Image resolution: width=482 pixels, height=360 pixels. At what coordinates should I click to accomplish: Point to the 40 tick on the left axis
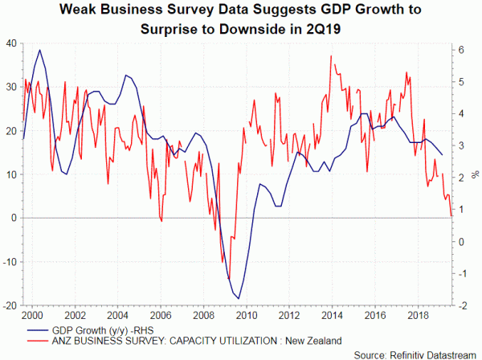[x=13, y=43]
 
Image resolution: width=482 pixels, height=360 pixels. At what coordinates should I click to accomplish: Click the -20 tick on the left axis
[x=11, y=305]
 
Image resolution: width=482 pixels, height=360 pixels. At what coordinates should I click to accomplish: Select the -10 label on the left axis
[x=11, y=262]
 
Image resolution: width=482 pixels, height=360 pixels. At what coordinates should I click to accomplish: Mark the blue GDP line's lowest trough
[x=239, y=299]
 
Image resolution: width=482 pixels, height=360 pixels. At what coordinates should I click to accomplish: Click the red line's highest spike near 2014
[x=331, y=55]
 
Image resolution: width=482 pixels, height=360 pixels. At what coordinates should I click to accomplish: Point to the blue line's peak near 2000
[x=40, y=50]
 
